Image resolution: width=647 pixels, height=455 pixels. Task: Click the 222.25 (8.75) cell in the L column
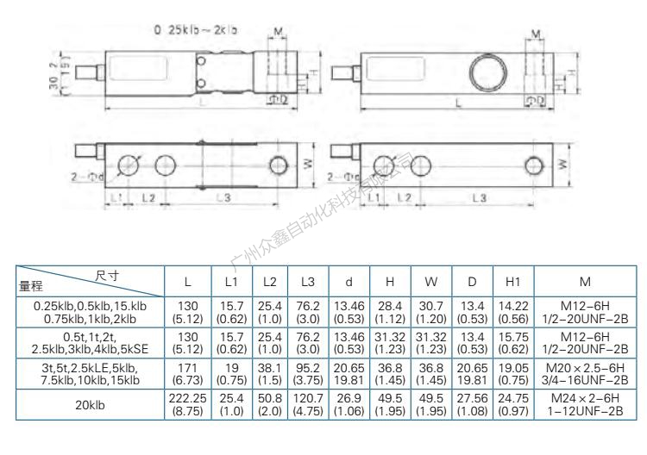click(188, 406)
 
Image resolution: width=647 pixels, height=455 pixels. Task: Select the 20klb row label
click(90, 406)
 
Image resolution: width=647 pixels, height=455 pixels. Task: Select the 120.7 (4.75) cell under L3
click(307, 406)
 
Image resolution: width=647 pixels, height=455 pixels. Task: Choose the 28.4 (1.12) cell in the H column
click(389, 312)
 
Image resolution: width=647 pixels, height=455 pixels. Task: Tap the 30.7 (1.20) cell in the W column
click(430, 312)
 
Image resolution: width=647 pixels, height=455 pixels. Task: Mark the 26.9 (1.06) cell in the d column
click(349, 406)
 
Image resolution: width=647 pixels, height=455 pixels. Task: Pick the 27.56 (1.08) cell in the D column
click(471, 406)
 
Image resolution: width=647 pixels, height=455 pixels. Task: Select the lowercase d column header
click(349, 281)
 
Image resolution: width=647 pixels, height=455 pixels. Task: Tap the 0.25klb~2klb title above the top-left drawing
click(196, 29)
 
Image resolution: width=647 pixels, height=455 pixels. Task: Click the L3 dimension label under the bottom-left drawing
click(223, 198)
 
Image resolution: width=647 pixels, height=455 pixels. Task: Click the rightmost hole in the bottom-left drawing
click(278, 165)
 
